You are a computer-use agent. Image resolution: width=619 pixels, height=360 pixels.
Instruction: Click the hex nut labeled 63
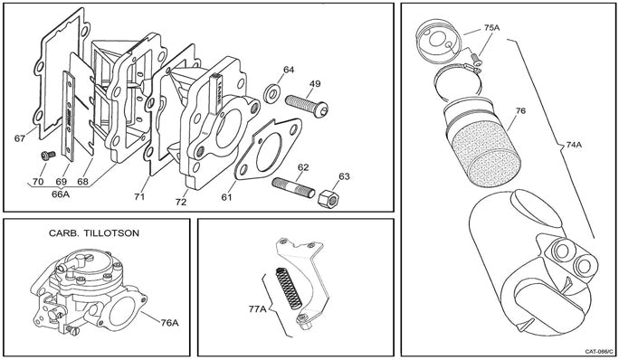click(329, 199)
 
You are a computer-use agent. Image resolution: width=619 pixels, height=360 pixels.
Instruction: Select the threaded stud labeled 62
click(294, 187)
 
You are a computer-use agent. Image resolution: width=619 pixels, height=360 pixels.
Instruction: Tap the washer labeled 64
click(272, 93)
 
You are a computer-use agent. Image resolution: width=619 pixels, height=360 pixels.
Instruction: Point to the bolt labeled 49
click(307, 105)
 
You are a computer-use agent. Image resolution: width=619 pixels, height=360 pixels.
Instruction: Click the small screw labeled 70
click(48, 156)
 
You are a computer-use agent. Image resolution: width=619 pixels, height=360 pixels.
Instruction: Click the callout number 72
click(181, 202)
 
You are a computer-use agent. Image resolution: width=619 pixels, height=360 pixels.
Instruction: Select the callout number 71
click(139, 196)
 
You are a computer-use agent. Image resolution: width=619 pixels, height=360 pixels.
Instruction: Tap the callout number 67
click(20, 138)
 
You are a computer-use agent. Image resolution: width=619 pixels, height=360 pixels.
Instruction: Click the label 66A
click(61, 194)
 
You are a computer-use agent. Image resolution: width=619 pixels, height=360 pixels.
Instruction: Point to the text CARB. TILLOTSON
click(94, 233)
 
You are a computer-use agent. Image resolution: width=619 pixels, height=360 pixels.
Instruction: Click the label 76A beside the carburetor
click(170, 323)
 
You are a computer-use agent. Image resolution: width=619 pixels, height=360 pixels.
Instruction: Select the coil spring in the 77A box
click(289, 288)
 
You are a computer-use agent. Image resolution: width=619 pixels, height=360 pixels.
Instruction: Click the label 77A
click(258, 308)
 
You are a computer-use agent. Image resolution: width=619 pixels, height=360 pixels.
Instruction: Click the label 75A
click(492, 28)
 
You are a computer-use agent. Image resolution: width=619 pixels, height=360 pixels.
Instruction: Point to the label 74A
click(574, 145)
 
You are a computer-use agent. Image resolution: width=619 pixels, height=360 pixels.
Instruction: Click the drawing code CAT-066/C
click(599, 351)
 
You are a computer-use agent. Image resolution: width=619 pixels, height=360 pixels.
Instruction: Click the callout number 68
click(82, 182)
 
